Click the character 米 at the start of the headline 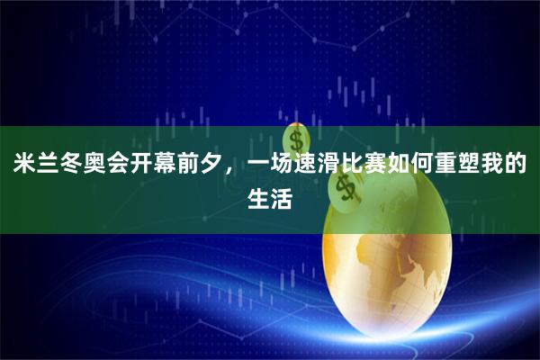(x=23, y=166)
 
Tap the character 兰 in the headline (x=47, y=166)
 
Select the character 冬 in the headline (x=70, y=166)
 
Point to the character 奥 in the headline (x=94, y=166)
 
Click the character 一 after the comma (x=259, y=166)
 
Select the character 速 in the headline (x=306, y=166)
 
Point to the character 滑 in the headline (x=329, y=166)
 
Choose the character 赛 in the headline (x=376, y=166)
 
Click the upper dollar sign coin (x=296, y=139)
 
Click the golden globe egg (x=396, y=270)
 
